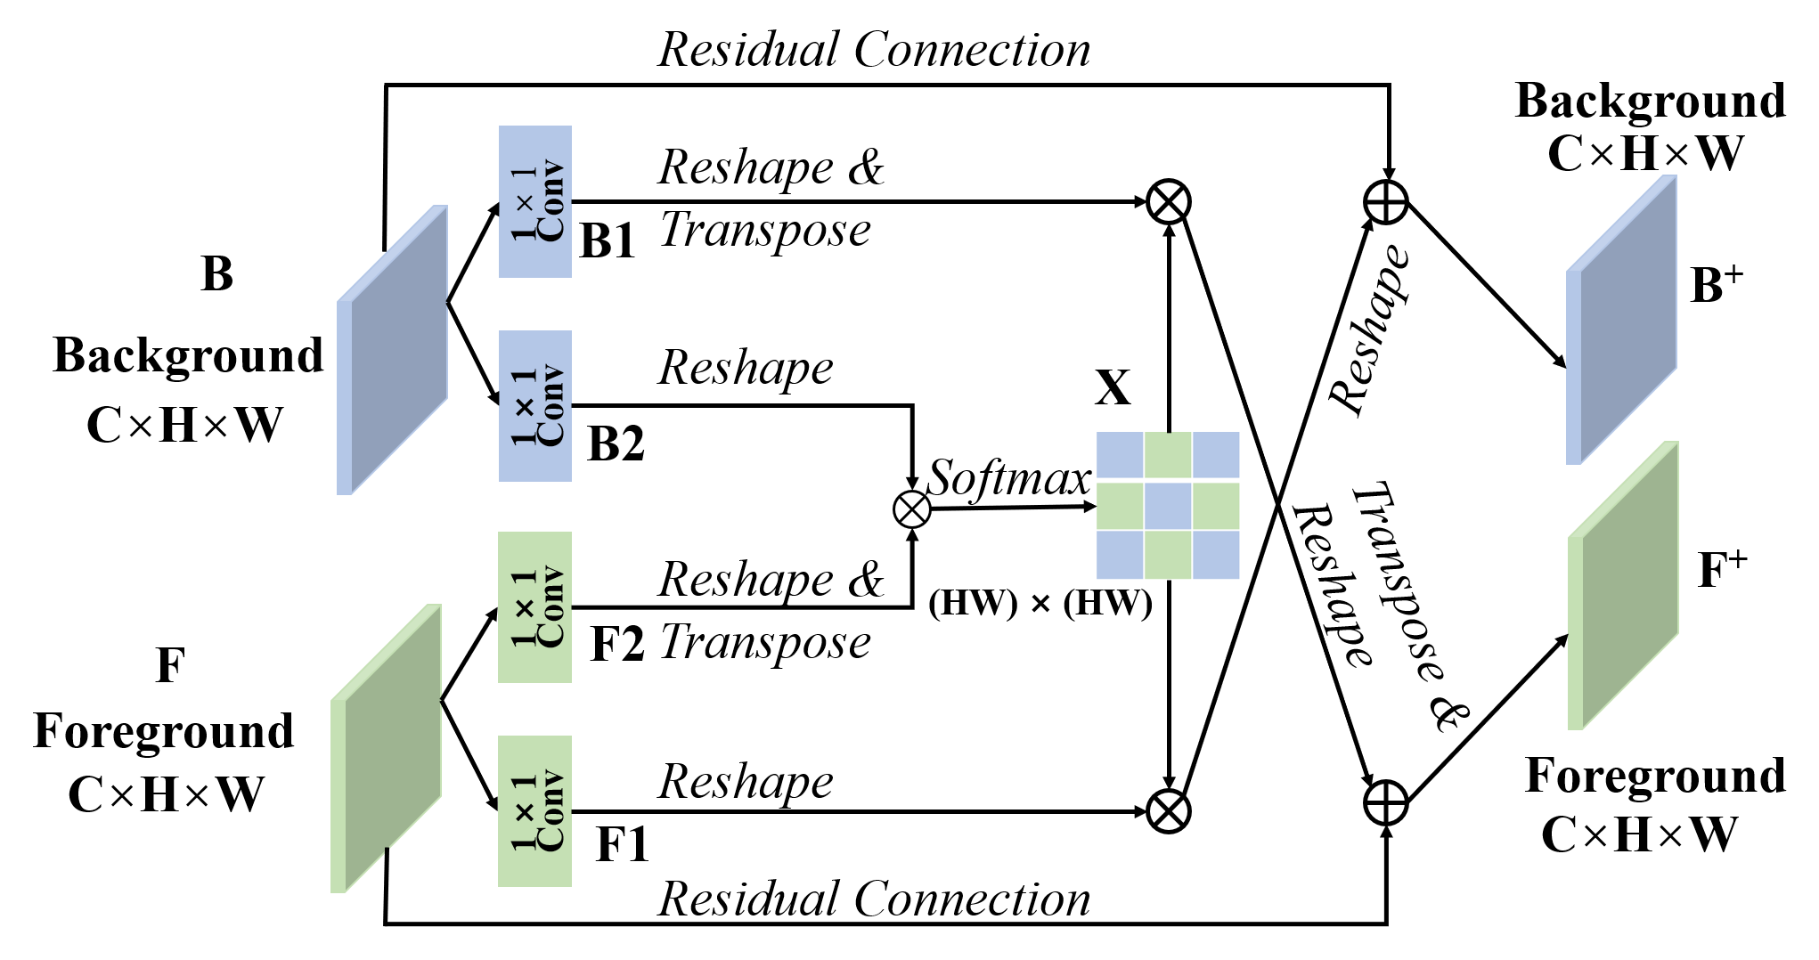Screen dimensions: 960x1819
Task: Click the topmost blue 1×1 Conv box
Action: [x=534, y=201]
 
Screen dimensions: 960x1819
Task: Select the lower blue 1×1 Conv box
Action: [x=534, y=406]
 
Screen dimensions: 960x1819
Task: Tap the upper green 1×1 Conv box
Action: [x=534, y=607]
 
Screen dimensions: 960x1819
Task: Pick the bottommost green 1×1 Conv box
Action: [x=534, y=811]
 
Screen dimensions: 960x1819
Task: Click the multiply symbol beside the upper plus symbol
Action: [x=1169, y=202]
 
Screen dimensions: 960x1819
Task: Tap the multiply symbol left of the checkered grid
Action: [x=912, y=509]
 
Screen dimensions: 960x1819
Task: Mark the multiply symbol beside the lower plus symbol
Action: [x=1169, y=811]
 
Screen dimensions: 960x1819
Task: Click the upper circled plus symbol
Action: [x=1386, y=202]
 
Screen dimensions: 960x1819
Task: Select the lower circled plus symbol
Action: [x=1386, y=803]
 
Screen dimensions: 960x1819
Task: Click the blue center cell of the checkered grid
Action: [x=1168, y=506]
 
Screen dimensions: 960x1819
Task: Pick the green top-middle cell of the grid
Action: [x=1168, y=455]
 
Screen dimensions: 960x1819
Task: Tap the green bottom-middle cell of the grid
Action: [x=1168, y=555]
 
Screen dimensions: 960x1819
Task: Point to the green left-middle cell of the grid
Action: [x=1120, y=506]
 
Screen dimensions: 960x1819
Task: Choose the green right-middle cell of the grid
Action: [x=1216, y=506]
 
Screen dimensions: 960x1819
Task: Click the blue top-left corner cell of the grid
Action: [x=1120, y=455]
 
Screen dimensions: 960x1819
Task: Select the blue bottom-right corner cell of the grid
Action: [x=1216, y=555]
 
